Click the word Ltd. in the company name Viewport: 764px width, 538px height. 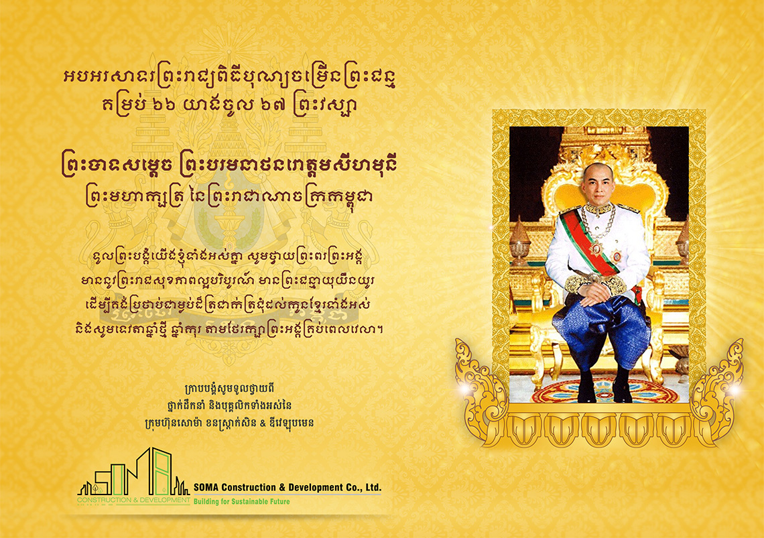(373, 487)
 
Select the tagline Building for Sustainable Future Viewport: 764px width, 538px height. (242, 501)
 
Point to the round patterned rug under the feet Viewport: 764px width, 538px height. (604, 391)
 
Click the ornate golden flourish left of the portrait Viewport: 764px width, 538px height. (480, 385)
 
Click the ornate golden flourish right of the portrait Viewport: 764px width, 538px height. (717, 385)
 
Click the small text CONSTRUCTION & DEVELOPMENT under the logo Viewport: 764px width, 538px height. (133, 500)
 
